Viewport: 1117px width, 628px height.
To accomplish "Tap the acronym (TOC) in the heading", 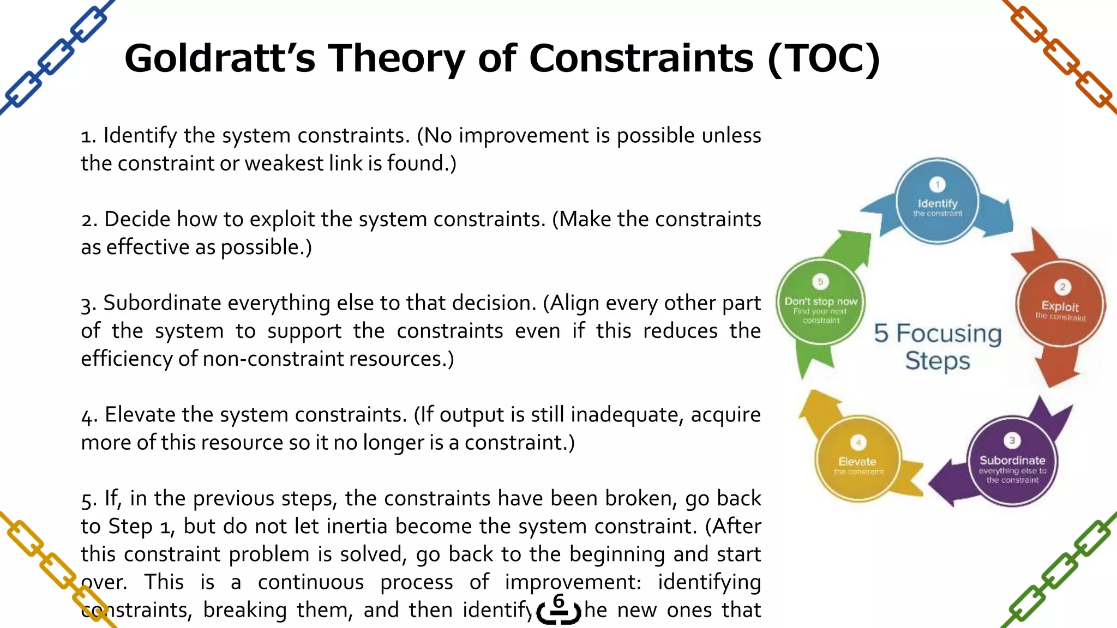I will pos(824,58).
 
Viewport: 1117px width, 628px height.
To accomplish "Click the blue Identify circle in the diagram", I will pos(937,201).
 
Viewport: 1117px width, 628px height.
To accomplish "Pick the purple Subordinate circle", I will pos(1012,461).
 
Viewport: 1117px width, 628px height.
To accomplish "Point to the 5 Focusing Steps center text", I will pos(938,347).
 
